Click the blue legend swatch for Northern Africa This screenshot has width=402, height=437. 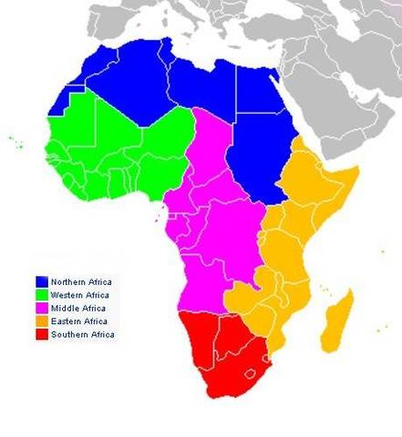(x=42, y=280)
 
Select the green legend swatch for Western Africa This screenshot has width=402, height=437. (x=42, y=294)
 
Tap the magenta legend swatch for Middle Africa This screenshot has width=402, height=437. (x=42, y=308)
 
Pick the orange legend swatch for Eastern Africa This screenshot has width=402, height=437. (x=42, y=321)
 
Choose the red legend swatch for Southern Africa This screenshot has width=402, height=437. (x=42, y=335)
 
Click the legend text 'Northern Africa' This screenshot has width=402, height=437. (x=80, y=280)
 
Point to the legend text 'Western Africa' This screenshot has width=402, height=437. (x=80, y=294)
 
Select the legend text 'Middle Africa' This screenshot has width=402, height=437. (x=77, y=308)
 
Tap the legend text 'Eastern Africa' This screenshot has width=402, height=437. (x=79, y=321)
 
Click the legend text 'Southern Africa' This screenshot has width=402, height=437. (x=82, y=335)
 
